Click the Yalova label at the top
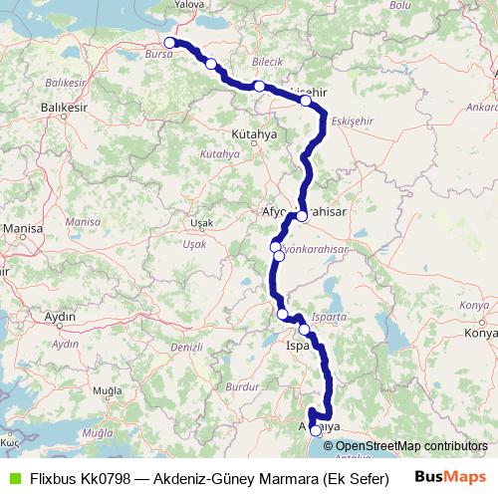188,5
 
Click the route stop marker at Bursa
170,43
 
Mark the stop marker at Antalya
316,430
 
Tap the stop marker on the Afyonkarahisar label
302,215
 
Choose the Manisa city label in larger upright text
23,228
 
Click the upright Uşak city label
200,222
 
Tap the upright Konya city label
482,334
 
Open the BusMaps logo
452,477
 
